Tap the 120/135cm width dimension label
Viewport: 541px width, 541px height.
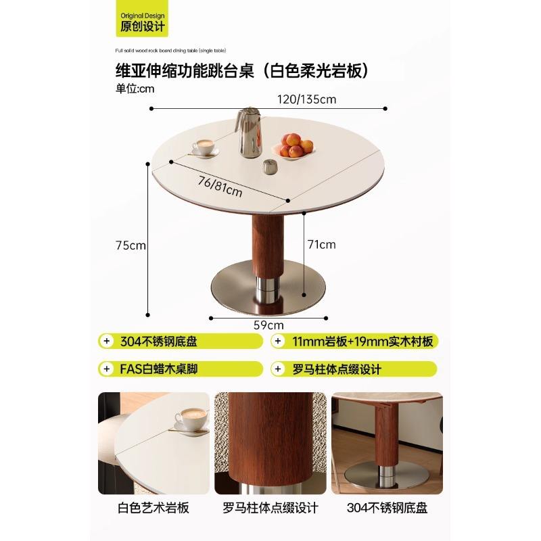coord(306,99)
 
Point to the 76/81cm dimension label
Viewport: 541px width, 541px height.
coord(220,186)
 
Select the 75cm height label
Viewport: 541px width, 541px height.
coord(131,245)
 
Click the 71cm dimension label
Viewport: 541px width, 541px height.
coord(321,244)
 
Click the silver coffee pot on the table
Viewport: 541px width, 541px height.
coord(248,133)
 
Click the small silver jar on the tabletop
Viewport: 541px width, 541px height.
coord(269,166)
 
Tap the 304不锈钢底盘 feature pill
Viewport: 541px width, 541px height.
coord(180,342)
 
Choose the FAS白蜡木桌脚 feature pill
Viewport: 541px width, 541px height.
coord(180,369)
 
